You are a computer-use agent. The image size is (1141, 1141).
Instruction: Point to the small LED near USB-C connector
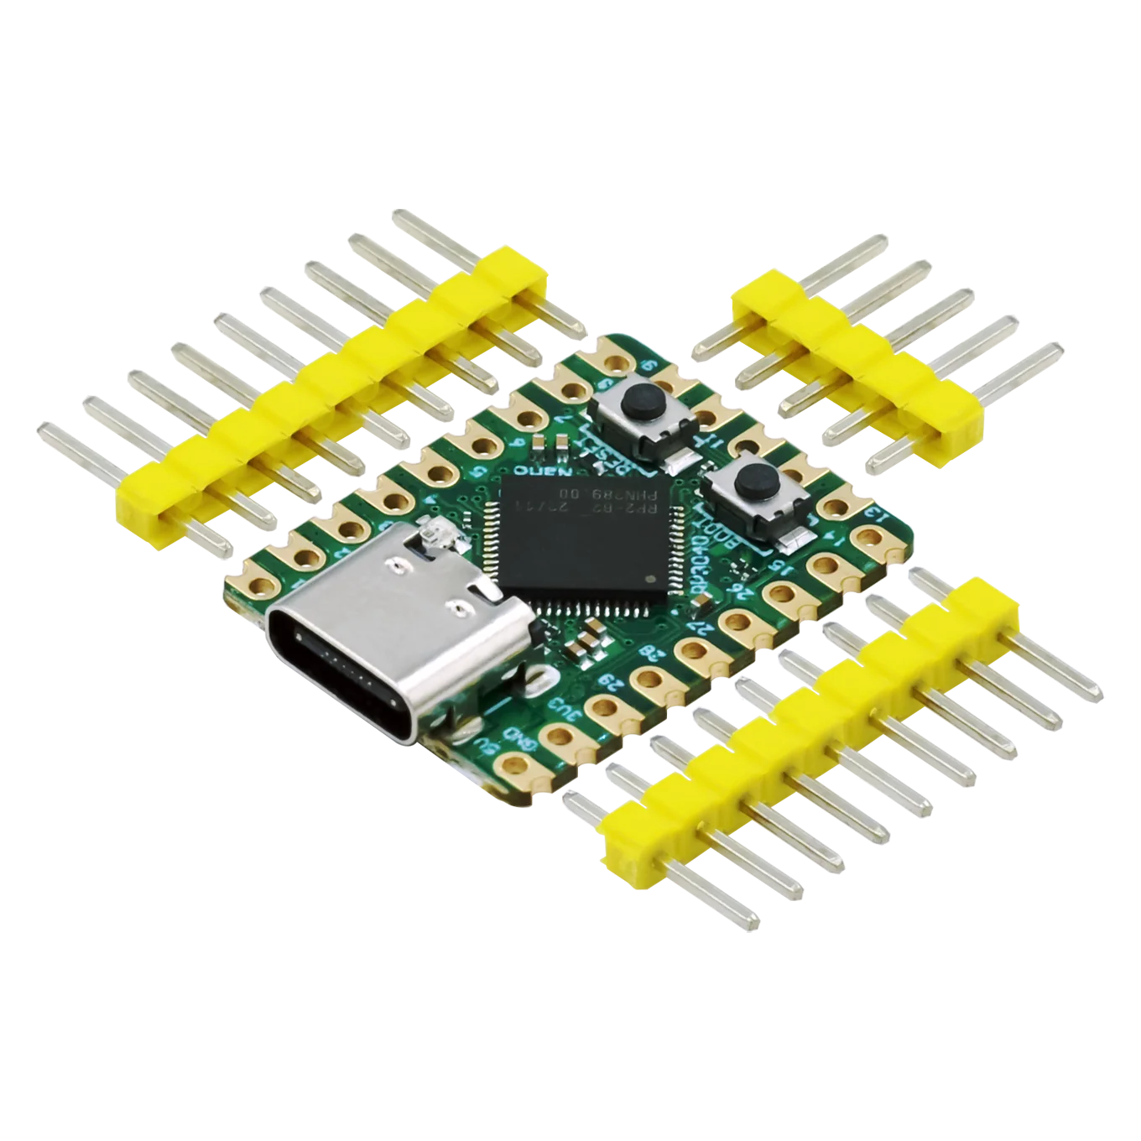coord(435,530)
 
